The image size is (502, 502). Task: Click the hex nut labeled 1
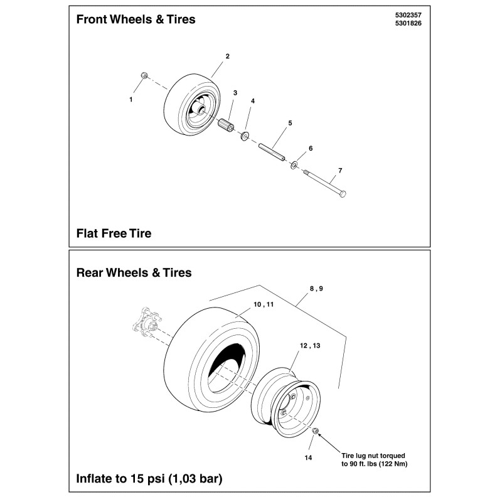click(x=144, y=75)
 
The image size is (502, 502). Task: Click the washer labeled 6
click(x=294, y=165)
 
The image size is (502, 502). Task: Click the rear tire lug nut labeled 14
click(x=316, y=430)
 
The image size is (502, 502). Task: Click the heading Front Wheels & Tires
click(x=136, y=19)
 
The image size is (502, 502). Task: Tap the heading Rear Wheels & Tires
click(x=134, y=273)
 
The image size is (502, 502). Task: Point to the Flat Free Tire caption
click(x=114, y=233)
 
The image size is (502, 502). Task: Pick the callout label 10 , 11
click(x=264, y=304)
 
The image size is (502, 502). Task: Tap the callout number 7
click(x=339, y=171)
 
